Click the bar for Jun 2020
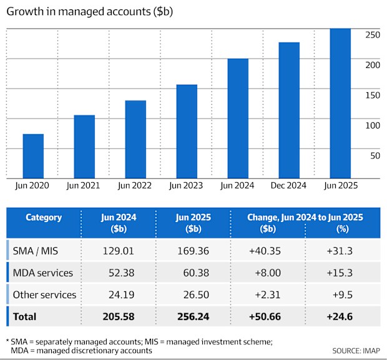pyautogui.click(x=33, y=156)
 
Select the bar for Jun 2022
pyautogui.click(x=135, y=139)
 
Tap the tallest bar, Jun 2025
pyautogui.click(x=340, y=103)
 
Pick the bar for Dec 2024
pyautogui.click(x=289, y=110)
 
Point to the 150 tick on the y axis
pyautogui.click(x=373, y=95)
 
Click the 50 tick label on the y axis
pyautogui.click(x=373, y=155)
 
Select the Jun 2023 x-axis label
pyautogui.click(x=186, y=185)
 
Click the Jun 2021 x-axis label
pyautogui.click(x=84, y=185)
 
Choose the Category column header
pyautogui.click(x=44, y=218)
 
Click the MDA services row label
pyautogui.click(x=44, y=273)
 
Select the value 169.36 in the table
pyautogui.click(x=193, y=250)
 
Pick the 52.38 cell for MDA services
pyautogui.click(x=119, y=273)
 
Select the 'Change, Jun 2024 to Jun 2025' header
pyautogui.click(x=305, y=218)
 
